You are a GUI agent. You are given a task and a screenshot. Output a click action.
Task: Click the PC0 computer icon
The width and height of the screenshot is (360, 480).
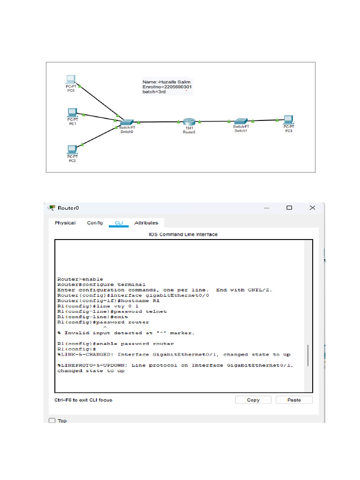[70, 79]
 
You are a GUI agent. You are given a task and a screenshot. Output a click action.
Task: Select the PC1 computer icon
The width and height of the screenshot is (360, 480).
[72, 112]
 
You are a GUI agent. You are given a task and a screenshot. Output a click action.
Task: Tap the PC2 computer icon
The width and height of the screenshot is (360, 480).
[72, 150]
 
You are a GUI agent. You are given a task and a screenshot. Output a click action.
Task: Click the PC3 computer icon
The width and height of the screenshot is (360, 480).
[288, 120]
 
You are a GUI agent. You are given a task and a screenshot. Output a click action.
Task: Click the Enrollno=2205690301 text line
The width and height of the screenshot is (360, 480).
[167, 87]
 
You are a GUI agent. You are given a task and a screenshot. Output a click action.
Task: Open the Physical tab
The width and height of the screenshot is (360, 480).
[65, 223]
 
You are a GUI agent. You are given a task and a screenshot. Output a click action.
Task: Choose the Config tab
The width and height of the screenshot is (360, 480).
[95, 223]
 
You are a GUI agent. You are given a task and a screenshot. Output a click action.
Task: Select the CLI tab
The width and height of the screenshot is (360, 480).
[119, 223]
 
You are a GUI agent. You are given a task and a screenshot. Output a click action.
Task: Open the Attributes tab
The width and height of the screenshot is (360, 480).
[146, 223]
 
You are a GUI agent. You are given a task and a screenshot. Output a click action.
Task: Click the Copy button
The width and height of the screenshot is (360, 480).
[253, 400]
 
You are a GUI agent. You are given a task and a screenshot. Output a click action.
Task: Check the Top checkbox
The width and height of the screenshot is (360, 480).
[52, 420]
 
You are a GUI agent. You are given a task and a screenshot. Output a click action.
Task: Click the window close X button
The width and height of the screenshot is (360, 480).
[312, 208]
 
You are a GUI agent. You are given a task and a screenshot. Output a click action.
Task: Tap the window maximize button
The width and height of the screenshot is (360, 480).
[289, 208]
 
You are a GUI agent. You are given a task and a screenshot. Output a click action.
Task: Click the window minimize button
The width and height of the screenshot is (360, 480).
[266, 208]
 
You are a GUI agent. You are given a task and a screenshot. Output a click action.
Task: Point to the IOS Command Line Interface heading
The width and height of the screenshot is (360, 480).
[183, 234]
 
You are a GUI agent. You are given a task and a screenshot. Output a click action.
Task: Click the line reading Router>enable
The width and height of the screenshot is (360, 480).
[80, 279]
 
